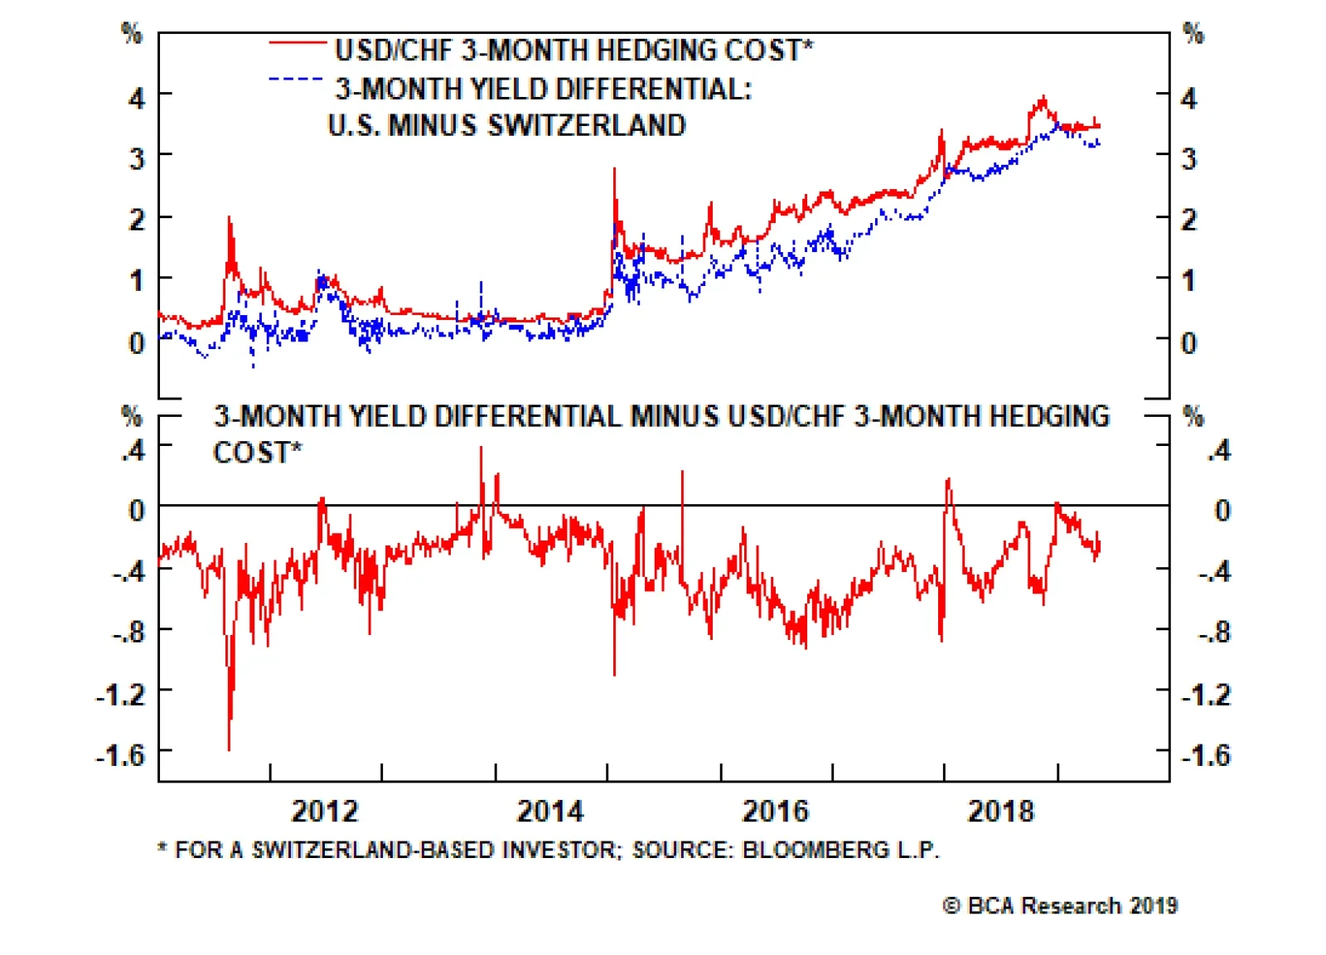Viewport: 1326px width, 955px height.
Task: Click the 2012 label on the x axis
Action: (324, 811)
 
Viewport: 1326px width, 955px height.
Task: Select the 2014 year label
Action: (549, 811)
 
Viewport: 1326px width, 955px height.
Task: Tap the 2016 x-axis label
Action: (775, 811)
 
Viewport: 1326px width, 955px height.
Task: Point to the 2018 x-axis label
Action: (1000, 811)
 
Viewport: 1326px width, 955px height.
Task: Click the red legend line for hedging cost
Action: (298, 41)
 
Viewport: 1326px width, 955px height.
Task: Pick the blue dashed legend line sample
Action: (296, 80)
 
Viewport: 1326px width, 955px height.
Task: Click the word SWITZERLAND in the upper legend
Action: (586, 125)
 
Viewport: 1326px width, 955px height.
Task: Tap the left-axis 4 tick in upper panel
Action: (137, 98)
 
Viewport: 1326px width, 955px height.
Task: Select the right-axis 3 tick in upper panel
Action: (1188, 158)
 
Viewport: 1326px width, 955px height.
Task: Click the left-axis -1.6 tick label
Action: (121, 754)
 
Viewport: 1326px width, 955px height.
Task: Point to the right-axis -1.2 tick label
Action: (1206, 694)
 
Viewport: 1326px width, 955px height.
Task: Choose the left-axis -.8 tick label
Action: (128, 633)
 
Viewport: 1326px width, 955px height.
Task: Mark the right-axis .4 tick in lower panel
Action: (1218, 450)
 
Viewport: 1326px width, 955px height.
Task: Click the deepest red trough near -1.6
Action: (229, 748)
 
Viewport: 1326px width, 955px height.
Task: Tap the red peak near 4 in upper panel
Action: (1043, 98)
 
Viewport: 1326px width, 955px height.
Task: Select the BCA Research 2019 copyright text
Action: (1060, 905)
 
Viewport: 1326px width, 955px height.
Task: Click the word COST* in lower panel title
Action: (257, 453)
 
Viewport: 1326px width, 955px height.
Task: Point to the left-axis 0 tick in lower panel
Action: (137, 510)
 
